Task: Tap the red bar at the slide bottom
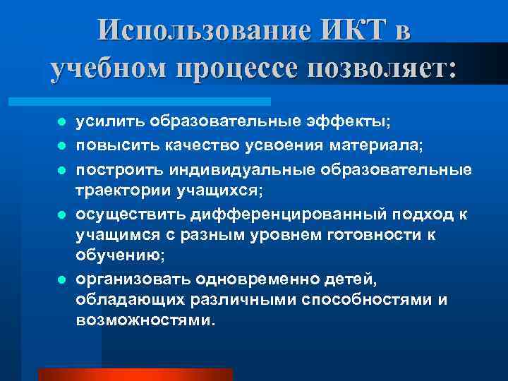pyautogui.click(x=135, y=374)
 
